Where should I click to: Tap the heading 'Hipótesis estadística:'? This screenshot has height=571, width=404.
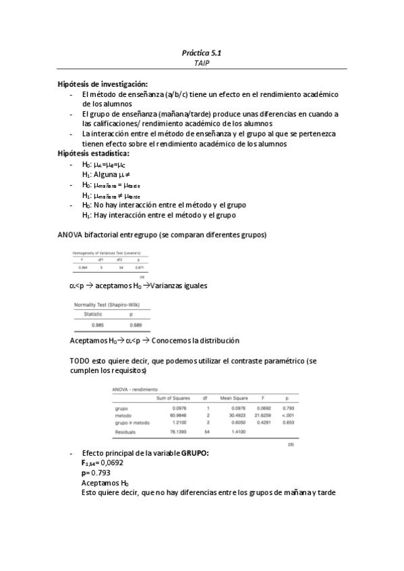94,154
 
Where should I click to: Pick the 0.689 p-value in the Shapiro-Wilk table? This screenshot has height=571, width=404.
135,325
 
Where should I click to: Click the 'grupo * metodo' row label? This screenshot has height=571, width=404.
132,422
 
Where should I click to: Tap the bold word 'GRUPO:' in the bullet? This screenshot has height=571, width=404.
195,453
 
